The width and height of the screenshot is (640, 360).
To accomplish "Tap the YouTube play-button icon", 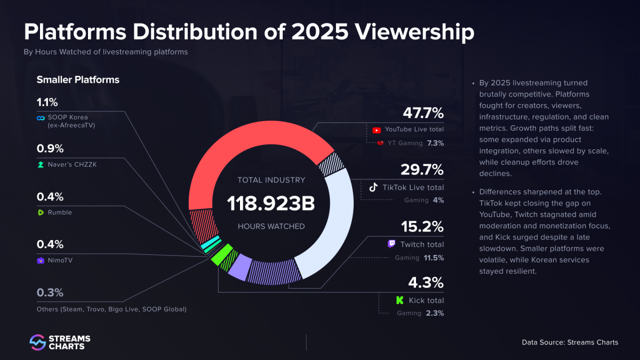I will point(377,130).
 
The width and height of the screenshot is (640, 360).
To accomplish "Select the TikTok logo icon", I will point(374,187).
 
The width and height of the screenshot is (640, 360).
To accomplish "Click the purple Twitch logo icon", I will point(391,244).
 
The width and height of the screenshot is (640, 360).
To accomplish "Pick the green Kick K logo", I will point(399,300).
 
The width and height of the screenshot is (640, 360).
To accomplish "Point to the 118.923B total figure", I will point(271,203).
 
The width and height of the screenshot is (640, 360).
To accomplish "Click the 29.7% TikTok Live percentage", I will point(422,170).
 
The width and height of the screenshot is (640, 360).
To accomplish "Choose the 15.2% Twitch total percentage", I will point(422,227).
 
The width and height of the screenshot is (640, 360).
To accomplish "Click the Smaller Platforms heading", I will point(78,80).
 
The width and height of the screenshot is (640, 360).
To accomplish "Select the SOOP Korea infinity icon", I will point(40,118).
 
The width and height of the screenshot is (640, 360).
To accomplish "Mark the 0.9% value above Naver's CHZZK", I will point(50,149).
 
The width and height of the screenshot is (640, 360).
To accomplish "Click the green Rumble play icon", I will point(40,213).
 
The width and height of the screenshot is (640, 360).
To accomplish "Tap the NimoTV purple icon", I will point(40,261).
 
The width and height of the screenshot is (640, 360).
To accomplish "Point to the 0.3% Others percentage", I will point(50,293).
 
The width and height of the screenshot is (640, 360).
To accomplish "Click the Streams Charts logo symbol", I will point(37,342).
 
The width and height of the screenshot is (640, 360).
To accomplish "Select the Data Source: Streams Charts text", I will point(570,342).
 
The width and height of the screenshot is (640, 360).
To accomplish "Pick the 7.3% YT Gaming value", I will point(435,143).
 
